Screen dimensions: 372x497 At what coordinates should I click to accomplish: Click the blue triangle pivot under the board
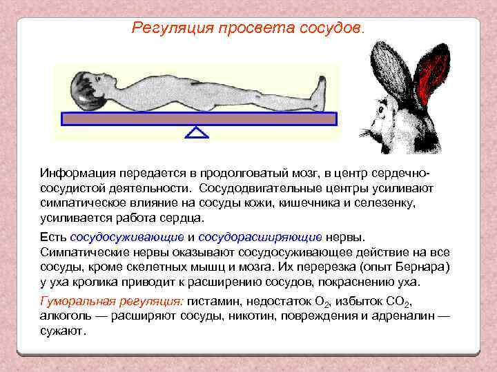click(197, 132)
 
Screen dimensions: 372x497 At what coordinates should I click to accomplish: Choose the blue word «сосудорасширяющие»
click(260, 237)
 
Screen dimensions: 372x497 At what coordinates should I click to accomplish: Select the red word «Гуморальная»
click(77, 301)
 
